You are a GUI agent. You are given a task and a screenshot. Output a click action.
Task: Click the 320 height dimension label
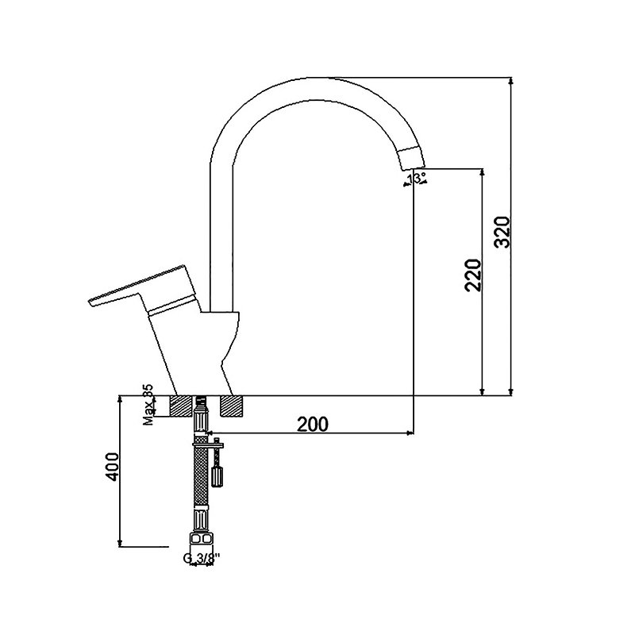click(x=504, y=232)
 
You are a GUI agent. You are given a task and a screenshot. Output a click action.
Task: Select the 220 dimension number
click(x=473, y=275)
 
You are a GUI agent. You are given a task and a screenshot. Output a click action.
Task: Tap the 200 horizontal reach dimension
click(x=313, y=424)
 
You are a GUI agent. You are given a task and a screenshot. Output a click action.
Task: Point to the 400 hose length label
click(x=112, y=467)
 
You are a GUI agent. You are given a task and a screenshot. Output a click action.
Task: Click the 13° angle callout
click(x=417, y=178)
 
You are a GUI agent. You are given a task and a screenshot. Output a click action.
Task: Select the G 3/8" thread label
click(x=202, y=558)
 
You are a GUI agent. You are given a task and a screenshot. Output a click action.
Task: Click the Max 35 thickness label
click(x=148, y=405)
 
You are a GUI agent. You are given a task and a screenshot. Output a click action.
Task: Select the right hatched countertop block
click(x=233, y=406)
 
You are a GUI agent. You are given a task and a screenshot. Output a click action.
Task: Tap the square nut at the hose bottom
click(x=202, y=539)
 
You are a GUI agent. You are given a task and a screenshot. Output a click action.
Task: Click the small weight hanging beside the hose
click(x=217, y=476)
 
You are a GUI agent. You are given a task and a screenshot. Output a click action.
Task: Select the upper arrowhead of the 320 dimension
click(x=511, y=81)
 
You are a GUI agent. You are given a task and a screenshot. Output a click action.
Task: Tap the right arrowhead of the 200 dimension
click(x=410, y=433)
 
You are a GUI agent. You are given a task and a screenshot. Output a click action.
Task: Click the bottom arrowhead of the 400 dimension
click(x=120, y=543)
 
